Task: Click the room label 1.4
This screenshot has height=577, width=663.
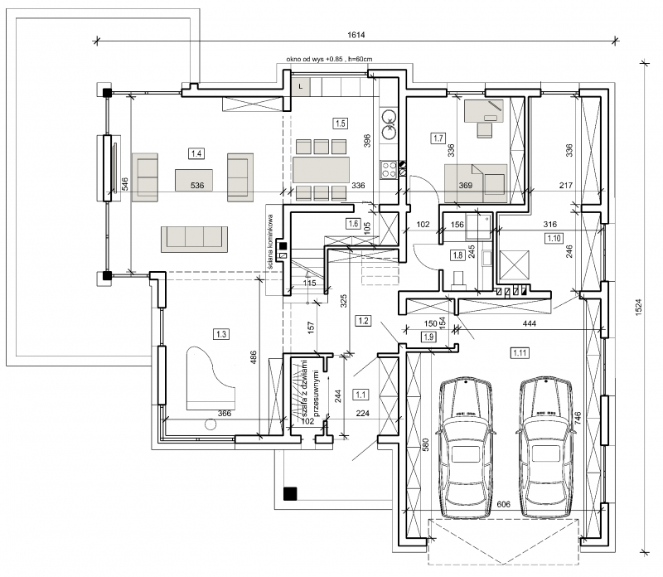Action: click(x=196, y=153)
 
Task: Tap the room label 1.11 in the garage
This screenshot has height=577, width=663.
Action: click(x=520, y=352)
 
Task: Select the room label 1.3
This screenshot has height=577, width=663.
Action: click(x=221, y=334)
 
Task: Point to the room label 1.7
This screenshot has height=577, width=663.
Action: click(x=438, y=138)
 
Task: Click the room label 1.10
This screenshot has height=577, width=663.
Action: click(x=554, y=238)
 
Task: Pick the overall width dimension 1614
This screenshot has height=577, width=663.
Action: click(x=356, y=35)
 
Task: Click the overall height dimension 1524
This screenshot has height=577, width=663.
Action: click(x=638, y=307)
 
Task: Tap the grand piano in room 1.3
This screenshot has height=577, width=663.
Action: click(x=211, y=378)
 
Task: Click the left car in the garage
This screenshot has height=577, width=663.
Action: click(x=466, y=448)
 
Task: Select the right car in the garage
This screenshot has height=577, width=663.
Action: click(x=545, y=448)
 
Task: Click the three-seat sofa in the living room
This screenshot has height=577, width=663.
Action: click(x=194, y=236)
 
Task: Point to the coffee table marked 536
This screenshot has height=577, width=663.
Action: click(x=194, y=180)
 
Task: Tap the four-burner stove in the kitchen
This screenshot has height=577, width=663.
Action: click(x=388, y=169)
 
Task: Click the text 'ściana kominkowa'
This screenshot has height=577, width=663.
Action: click(x=271, y=241)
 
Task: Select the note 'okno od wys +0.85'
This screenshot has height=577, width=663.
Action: click(x=315, y=59)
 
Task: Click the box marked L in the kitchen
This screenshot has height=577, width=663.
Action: click(x=301, y=86)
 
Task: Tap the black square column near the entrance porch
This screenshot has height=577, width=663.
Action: click(x=290, y=493)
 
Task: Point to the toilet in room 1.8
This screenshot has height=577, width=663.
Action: click(x=457, y=279)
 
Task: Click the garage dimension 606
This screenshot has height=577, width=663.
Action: click(x=504, y=504)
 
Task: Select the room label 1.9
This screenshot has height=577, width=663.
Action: click(x=428, y=337)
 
